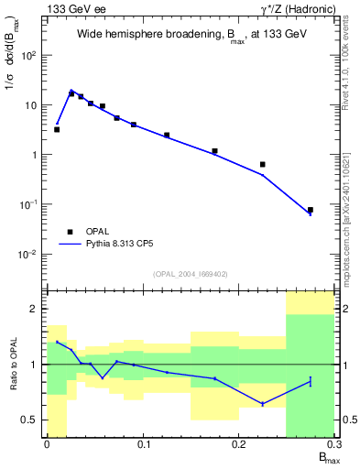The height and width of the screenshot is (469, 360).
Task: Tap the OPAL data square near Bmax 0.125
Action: pyautogui.click(x=167, y=135)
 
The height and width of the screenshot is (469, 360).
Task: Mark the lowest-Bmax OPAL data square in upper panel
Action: pyautogui.click(x=57, y=129)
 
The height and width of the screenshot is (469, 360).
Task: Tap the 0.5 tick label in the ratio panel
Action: pyautogui.click(x=34, y=420)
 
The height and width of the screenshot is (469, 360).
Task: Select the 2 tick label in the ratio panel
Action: pyautogui.click(x=38, y=310)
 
